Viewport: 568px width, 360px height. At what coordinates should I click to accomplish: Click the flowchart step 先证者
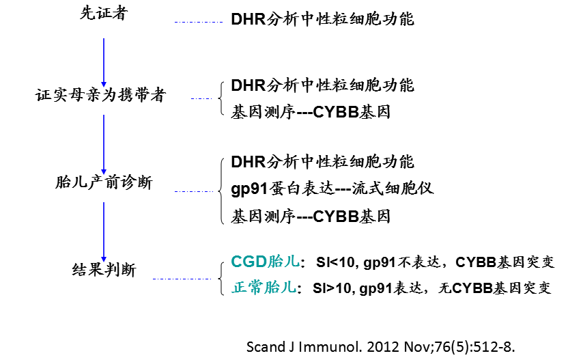tap(103, 14)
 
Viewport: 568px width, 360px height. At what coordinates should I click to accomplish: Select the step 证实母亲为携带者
tap(100, 95)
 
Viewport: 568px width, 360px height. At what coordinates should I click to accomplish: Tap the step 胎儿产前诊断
tap(103, 182)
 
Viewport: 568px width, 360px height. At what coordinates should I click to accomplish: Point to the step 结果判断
tap(104, 270)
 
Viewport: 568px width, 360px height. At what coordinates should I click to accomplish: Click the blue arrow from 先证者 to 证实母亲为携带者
tap(103, 61)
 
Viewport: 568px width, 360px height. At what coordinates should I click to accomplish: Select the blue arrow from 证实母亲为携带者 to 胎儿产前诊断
tap(103, 143)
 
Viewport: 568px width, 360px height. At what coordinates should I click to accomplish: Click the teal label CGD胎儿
tap(264, 263)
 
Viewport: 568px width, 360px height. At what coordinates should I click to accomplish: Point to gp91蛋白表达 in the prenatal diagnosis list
tap(276, 189)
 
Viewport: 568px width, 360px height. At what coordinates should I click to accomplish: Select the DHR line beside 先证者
tap(322, 19)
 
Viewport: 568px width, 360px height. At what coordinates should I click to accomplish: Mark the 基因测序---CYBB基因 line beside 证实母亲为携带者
tap(311, 111)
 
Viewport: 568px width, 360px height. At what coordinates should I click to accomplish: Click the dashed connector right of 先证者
tap(198, 23)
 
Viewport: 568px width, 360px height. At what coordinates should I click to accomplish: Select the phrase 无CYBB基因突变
tap(492, 288)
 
